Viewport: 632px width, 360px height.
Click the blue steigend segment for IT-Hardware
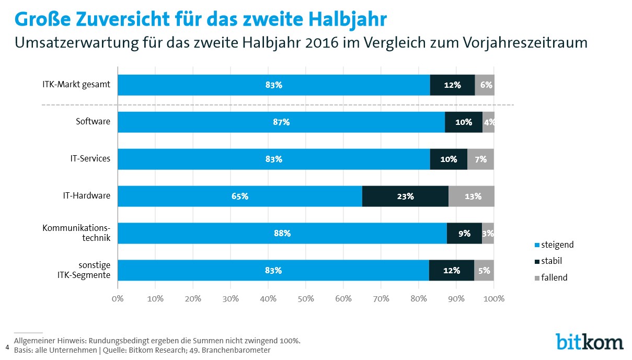pyautogui.click(x=240, y=196)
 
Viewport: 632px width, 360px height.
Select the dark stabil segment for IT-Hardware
pyautogui.click(x=405, y=196)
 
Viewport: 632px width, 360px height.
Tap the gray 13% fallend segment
pyautogui.click(x=471, y=196)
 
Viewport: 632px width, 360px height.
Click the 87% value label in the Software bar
pyautogui.click(x=281, y=122)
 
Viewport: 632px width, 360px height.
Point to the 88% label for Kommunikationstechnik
pyautogui.click(x=282, y=233)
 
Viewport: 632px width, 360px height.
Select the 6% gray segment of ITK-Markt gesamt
pyautogui.click(x=485, y=85)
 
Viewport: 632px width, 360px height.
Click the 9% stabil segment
pyautogui.click(x=464, y=233)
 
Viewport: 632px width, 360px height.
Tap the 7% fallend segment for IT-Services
pyautogui.click(x=480, y=159)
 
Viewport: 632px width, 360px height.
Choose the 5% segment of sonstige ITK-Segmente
pyautogui.click(x=484, y=270)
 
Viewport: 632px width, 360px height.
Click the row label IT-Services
pyautogui.click(x=90, y=158)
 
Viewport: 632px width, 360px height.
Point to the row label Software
pyautogui.click(x=93, y=122)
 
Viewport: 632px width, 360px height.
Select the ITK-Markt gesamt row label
pyautogui.click(x=76, y=84)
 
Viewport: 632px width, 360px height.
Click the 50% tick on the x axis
pyautogui.click(x=306, y=298)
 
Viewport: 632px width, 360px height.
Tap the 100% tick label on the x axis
pyautogui.click(x=494, y=298)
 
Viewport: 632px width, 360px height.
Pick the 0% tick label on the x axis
pyautogui.click(x=118, y=298)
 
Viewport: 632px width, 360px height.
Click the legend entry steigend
pyautogui.click(x=554, y=245)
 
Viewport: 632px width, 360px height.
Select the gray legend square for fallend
pyautogui.click(x=537, y=278)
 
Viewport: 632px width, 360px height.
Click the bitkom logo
pyautogui.click(x=590, y=342)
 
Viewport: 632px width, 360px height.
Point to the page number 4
pyautogui.click(x=7, y=347)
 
